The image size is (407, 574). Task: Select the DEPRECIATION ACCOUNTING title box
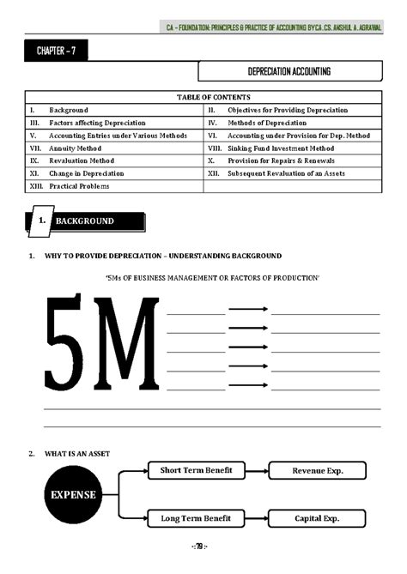click(289, 71)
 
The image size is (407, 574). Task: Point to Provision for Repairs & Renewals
click(281, 160)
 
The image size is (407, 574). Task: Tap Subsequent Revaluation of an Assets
click(286, 172)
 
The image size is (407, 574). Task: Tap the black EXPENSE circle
click(73, 494)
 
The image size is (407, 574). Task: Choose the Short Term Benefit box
click(196, 470)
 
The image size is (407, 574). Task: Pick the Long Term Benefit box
click(196, 518)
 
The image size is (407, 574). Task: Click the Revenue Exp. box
click(316, 470)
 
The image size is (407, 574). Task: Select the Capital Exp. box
click(316, 518)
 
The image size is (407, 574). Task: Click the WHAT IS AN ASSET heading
click(78, 453)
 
